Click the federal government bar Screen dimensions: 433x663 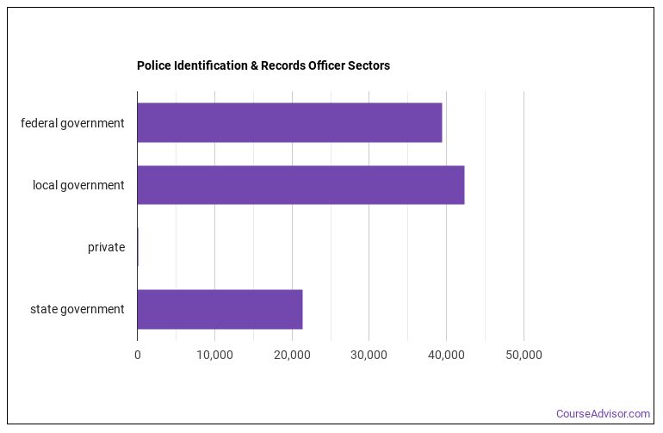[x=289, y=123]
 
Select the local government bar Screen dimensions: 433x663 [x=301, y=185]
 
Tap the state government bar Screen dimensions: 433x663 [x=220, y=309]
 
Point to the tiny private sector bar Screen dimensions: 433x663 [x=138, y=247]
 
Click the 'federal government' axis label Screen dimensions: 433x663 [x=72, y=123]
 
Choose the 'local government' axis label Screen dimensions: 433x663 [x=78, y=185]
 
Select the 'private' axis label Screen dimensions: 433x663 [x=106, y=247]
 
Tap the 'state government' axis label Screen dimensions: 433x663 [x=77, y=309]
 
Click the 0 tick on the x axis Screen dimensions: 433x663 [x=137, y=355]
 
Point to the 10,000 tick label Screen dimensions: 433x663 [x=214, y=355]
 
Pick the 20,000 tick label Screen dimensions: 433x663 [x=292, y=355]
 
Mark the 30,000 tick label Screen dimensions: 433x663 [x=369, y=355]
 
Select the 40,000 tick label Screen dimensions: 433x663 [x=446, y=355]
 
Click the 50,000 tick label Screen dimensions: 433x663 [x=524, y=355]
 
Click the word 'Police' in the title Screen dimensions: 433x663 [x=152, y=65]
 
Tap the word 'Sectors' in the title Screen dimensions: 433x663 [x=369, y=65]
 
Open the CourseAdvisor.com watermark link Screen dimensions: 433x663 [x=603, y=414]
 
